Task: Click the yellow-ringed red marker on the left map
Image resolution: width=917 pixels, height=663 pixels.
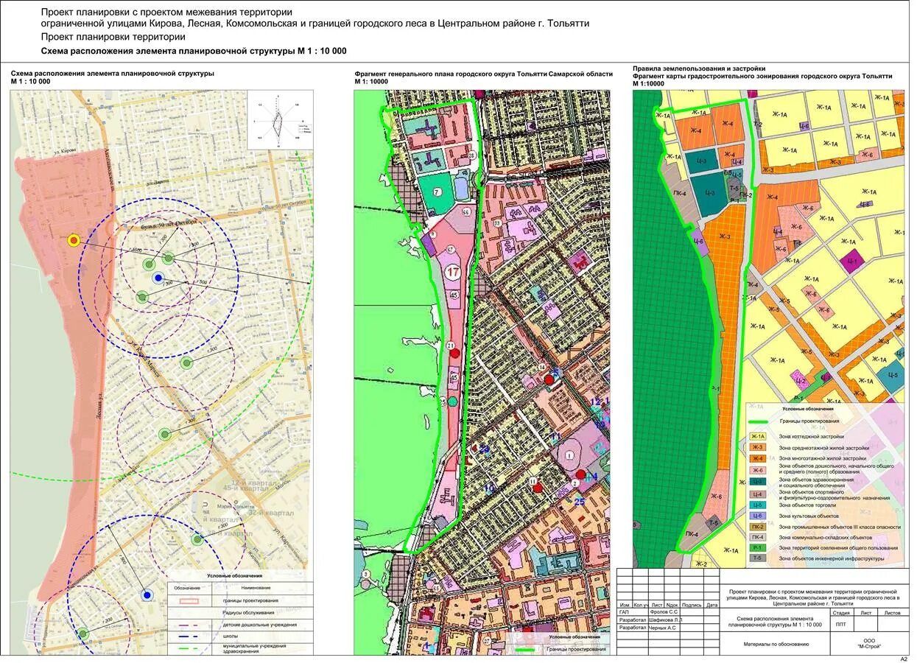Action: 73,240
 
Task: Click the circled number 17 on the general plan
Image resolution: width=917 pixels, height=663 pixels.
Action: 453,273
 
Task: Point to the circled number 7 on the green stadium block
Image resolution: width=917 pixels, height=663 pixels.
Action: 437,192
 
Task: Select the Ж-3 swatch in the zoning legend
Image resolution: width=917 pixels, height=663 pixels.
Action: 758,447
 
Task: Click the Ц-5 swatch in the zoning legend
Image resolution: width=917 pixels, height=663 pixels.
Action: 758,505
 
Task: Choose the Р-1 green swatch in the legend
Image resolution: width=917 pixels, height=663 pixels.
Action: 758,547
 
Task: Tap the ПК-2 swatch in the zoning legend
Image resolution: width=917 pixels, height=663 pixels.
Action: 758,527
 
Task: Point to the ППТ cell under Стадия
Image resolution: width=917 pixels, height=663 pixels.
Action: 840,623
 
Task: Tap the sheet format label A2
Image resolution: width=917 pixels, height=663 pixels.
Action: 904,659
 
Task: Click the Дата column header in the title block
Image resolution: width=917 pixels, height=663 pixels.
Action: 711,605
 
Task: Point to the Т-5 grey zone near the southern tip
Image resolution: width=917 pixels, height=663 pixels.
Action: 713,522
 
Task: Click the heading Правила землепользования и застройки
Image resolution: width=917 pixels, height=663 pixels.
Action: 698,68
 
